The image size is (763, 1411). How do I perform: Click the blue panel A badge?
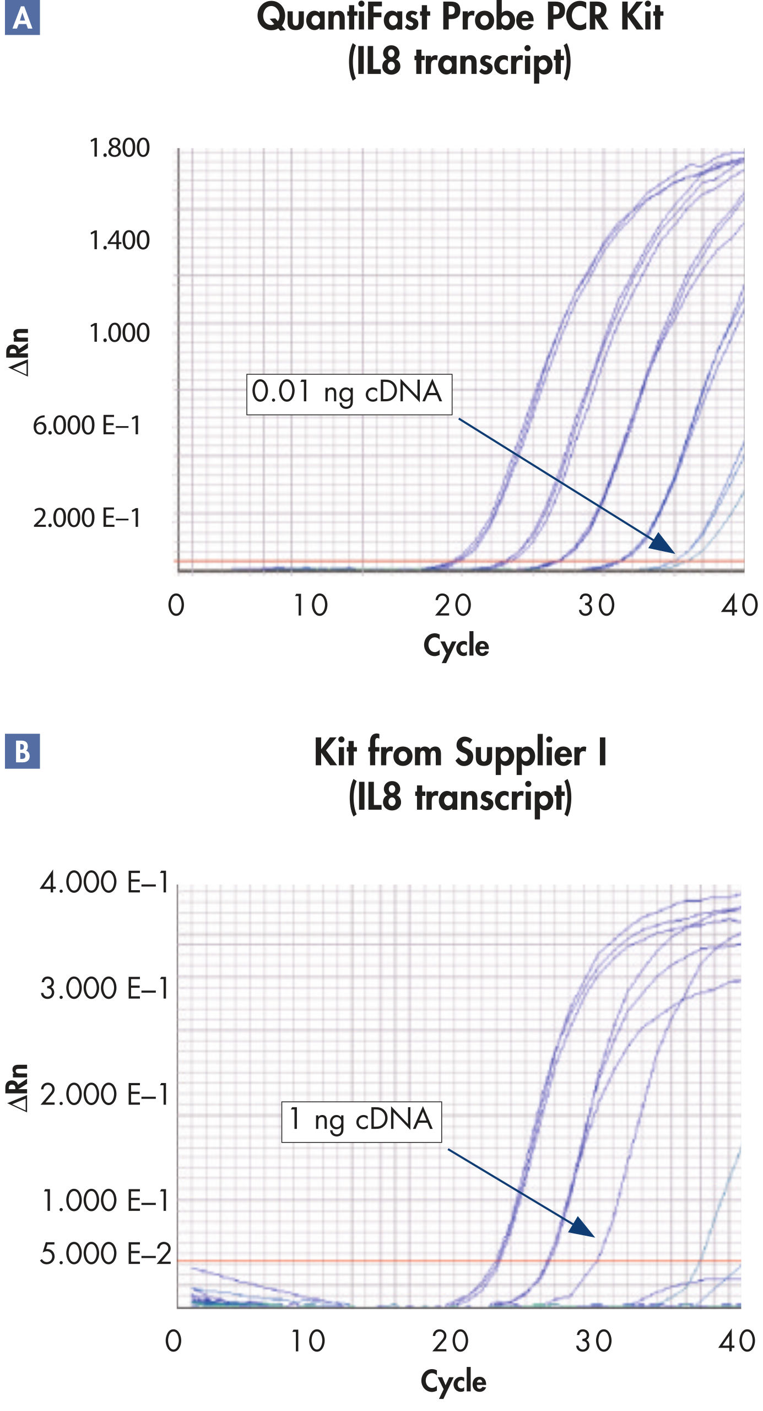pos(22,18)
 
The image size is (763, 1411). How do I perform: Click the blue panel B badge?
pos(22,751)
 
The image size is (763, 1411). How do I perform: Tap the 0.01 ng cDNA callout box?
pos(349,394)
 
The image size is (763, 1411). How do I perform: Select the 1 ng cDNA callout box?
pos(361,1121)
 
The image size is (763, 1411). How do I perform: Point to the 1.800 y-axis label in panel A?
pos(119,148)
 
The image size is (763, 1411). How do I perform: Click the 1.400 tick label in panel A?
pos(119,240)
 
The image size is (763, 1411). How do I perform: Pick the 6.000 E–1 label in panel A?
pos(87,426)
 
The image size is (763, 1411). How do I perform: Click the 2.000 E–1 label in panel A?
pos(87,518)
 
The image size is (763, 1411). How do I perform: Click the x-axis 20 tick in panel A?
pos(453,605)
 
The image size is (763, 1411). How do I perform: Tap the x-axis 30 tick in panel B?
pos(594,1340)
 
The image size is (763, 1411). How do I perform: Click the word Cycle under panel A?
pos(456,645)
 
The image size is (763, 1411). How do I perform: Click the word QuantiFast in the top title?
pos(343,18)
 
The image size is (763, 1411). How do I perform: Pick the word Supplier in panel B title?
pos(520,752)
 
